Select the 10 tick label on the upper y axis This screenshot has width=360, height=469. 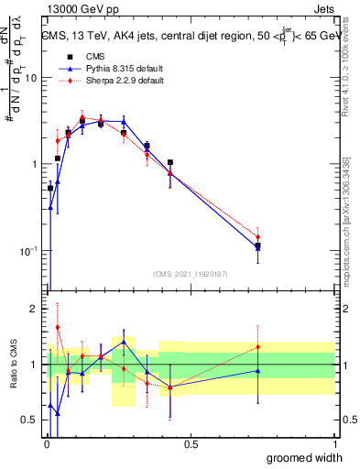[x=30, y=78]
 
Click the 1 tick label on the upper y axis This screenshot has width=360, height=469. [x=34, y=164]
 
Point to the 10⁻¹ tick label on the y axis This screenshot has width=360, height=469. [x=29, y=250]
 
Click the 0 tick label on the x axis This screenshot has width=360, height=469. [x=46, y=444]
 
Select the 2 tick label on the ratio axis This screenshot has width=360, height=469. [x=34, y=309]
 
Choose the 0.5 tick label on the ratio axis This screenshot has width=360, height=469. [x=30, y=420]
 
